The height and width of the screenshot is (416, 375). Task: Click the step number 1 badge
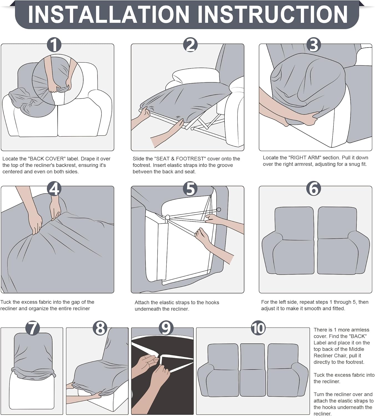(x=54, y=45)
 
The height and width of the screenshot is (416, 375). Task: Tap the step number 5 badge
(x=190, y=189)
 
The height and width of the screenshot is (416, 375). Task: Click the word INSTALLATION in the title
(x=108, y=14)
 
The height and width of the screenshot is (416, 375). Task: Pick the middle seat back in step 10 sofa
(x=252, y=356)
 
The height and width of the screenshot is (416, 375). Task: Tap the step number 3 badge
(x=314, y=45)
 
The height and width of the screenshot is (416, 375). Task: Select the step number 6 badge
(x=314, y=189)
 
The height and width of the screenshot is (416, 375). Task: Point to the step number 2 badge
(x=190, y=45)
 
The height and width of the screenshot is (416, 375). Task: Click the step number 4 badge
(x=54, y=189)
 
